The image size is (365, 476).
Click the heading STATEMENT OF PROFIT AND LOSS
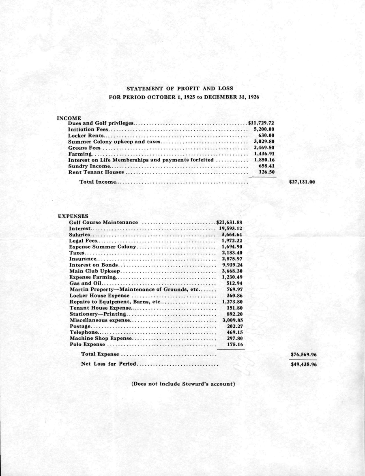[180, 88]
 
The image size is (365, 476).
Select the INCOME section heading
[69, 118]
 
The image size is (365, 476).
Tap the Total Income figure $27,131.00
[302, 182]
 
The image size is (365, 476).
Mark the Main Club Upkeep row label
[93, 271]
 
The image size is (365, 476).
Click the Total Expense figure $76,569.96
[303, 355]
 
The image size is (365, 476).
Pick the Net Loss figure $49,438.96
[303, 365]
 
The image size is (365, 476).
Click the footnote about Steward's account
[183, 384]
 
